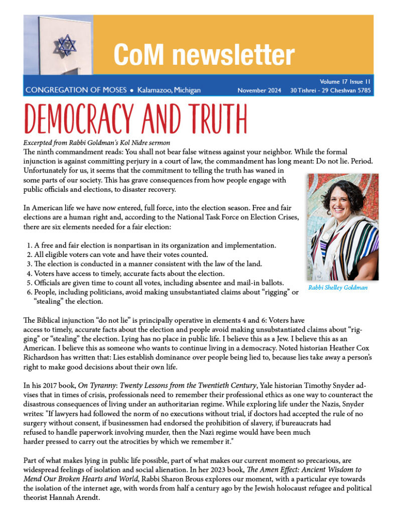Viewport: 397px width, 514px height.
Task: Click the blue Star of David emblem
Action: [66, 44]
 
